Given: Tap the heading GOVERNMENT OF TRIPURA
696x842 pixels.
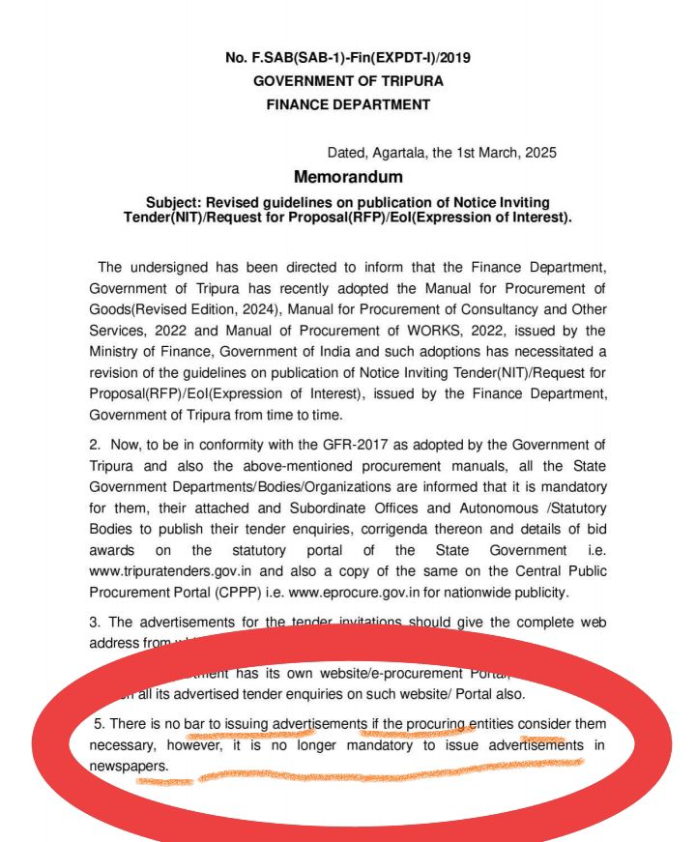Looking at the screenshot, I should pyautogui.click(x=348, y=81).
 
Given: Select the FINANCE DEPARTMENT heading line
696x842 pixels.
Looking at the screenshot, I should pyautogui.click(x=348, y=104).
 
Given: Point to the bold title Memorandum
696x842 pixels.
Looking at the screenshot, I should pyautogui.click(x=348, y=177).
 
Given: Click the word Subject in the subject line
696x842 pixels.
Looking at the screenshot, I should pyautogui.click(x=172, y=202).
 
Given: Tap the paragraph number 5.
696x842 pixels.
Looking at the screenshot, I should pyautogui.click(x=99, y=724).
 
